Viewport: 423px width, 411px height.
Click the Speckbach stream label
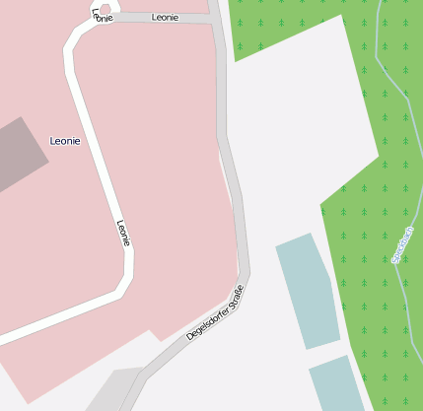click(402, 244)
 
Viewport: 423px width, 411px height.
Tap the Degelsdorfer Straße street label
click(215, 312)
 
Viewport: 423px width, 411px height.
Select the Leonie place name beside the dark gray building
click(65, 141)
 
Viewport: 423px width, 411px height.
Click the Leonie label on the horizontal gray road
click(165, 18)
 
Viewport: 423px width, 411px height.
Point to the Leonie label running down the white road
click(123, 233)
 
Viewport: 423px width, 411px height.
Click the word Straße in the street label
click(236, 294)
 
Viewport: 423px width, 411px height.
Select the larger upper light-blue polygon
click(308, 290)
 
